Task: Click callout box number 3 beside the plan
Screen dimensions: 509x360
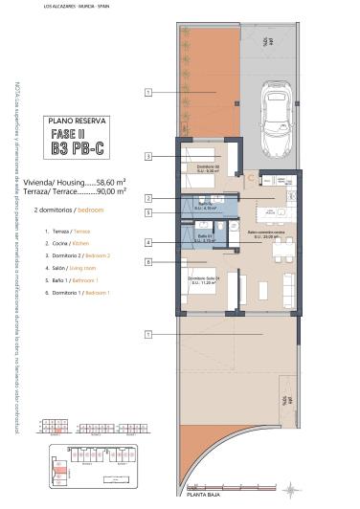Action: [148, 155]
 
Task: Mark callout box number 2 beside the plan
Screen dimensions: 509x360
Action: [148, 198]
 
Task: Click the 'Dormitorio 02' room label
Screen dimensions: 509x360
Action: [209, 166]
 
